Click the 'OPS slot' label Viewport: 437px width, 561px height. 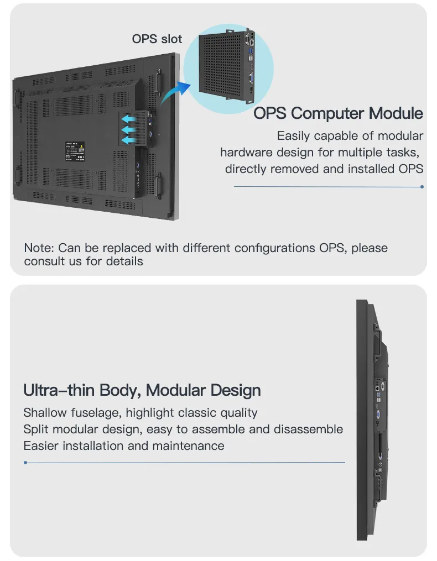[x=157, y=39]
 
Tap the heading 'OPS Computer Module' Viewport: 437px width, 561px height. [x=338, y=113]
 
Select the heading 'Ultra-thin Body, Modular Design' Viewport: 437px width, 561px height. [x=142, y=390]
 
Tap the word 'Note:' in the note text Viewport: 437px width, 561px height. [x=39, y=248]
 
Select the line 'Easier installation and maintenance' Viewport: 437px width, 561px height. [x=124, y=445]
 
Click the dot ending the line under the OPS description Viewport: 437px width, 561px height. [x=422, y=187]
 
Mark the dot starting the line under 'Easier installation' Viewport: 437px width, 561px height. [x=25, y=463]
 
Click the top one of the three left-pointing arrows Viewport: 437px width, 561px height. [x=128, y=119]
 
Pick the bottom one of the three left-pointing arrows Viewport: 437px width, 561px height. [x=128, y=140]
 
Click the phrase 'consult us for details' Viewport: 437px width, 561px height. [x=84, y=261]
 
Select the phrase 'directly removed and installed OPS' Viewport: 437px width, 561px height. [x=324, y=169]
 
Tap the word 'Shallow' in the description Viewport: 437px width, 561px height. [x=45, y=412]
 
